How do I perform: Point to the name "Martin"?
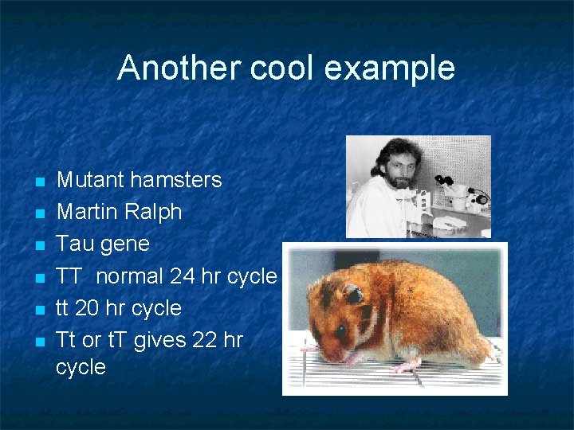tap(88, 212)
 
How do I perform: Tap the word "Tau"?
tap(73, 244)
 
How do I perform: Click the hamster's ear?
tap(352, 295)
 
